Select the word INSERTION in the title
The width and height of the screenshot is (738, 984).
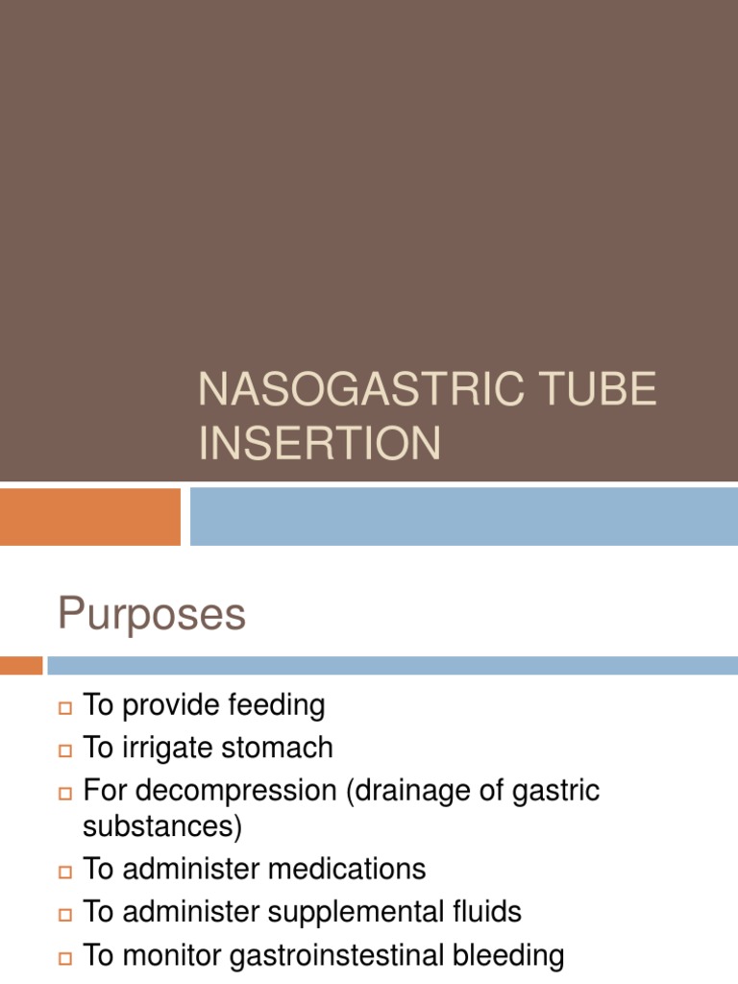(320, 444)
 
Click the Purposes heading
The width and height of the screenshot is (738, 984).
(152, 614)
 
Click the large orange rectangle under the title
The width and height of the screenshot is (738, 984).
(89, 516)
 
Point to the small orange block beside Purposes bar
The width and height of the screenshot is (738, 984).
(21, 665)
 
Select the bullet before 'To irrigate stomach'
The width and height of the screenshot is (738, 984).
(65, 750)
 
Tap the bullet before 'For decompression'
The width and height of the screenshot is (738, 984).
(65, 794)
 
